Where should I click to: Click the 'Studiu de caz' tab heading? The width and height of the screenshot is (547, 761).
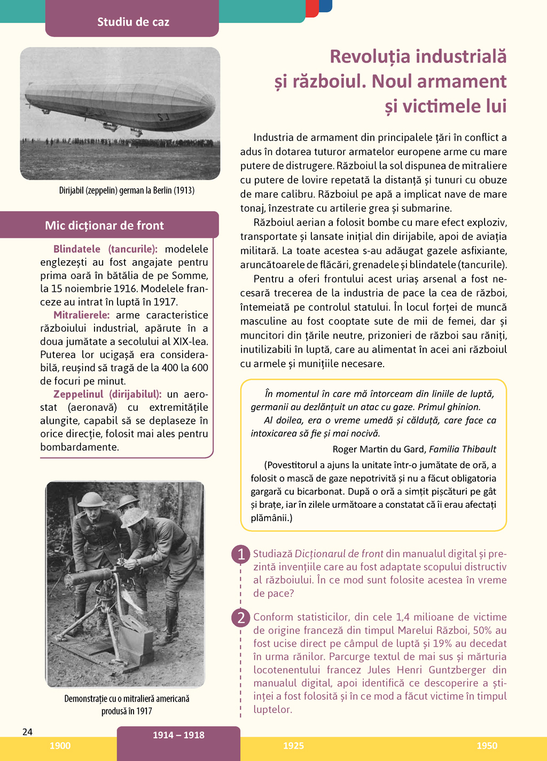[x=133, y=22]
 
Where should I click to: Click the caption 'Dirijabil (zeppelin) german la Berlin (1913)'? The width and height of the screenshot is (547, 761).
[x=127, y=190]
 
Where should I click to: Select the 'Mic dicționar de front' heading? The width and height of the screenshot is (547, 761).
[x=104, y=226]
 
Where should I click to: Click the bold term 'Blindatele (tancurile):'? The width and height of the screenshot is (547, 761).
[x=105, y=249]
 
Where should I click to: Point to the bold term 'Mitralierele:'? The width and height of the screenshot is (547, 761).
[x=81, y=315]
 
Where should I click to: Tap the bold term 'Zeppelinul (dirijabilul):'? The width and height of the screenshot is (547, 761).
[x=107, y=394]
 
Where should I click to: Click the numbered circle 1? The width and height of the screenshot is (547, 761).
[x=241, y=554]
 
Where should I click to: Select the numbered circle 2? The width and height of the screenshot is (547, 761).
[x=241, y=618]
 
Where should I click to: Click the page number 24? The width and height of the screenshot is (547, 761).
[x=28, y=732]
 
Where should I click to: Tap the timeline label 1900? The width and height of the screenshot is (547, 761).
[x=60, y=746]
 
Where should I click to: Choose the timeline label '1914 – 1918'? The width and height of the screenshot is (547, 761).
[x=178, y=735]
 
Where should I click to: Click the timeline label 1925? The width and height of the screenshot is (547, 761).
[x=293, y=746]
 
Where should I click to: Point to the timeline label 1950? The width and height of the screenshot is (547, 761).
[x=487, y=746]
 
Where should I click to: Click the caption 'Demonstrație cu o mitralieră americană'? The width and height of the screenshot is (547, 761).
[x=127, y=698]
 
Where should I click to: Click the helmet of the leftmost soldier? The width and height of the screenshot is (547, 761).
[x=91, y=499]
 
